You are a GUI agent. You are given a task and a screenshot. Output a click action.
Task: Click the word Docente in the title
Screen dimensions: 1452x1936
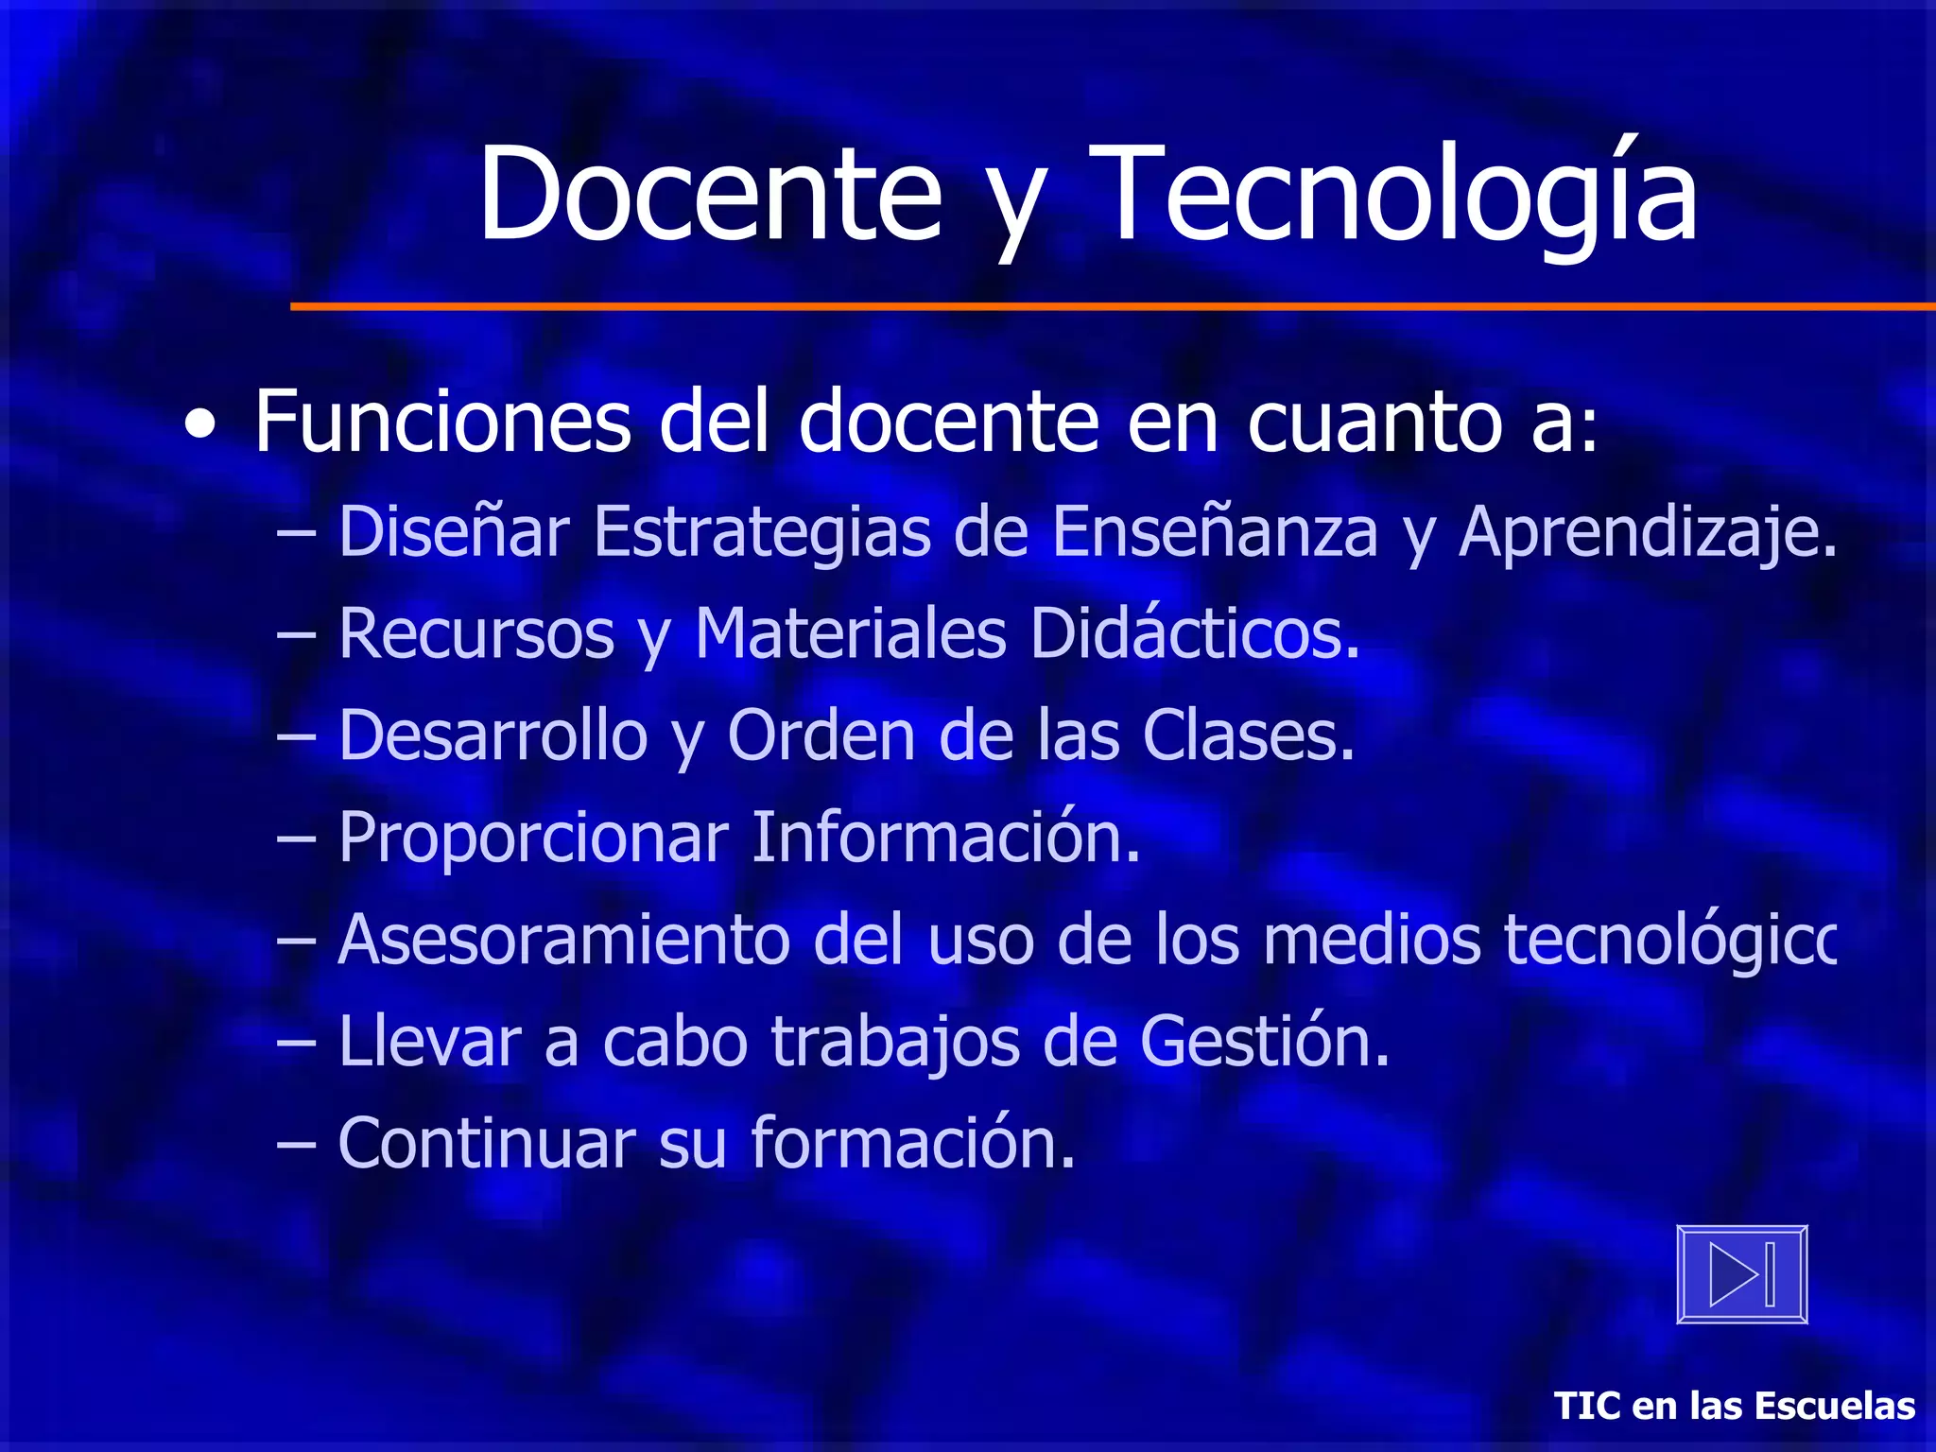[710, 194]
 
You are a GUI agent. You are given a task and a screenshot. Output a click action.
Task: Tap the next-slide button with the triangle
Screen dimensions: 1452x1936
[1741, 1274]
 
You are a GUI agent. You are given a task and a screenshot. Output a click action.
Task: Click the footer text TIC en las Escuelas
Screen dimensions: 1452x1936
[1734, 1406]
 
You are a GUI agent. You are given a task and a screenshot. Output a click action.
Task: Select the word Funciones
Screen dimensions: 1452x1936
[442, 421]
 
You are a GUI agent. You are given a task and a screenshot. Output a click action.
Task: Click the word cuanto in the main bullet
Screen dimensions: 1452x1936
[1374, 421]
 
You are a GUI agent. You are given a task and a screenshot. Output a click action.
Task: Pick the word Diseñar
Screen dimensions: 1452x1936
[454, 531]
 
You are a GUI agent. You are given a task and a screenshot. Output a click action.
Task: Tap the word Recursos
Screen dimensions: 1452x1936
[476, 633]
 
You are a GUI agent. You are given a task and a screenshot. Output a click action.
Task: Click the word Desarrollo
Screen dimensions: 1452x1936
[493, 735]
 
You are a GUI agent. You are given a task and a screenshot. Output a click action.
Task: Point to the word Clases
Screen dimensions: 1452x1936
[1248, 735]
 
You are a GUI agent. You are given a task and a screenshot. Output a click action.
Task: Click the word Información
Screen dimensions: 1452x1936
[945, 837]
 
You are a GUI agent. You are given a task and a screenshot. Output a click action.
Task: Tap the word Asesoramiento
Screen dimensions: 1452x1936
[563, 940]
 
